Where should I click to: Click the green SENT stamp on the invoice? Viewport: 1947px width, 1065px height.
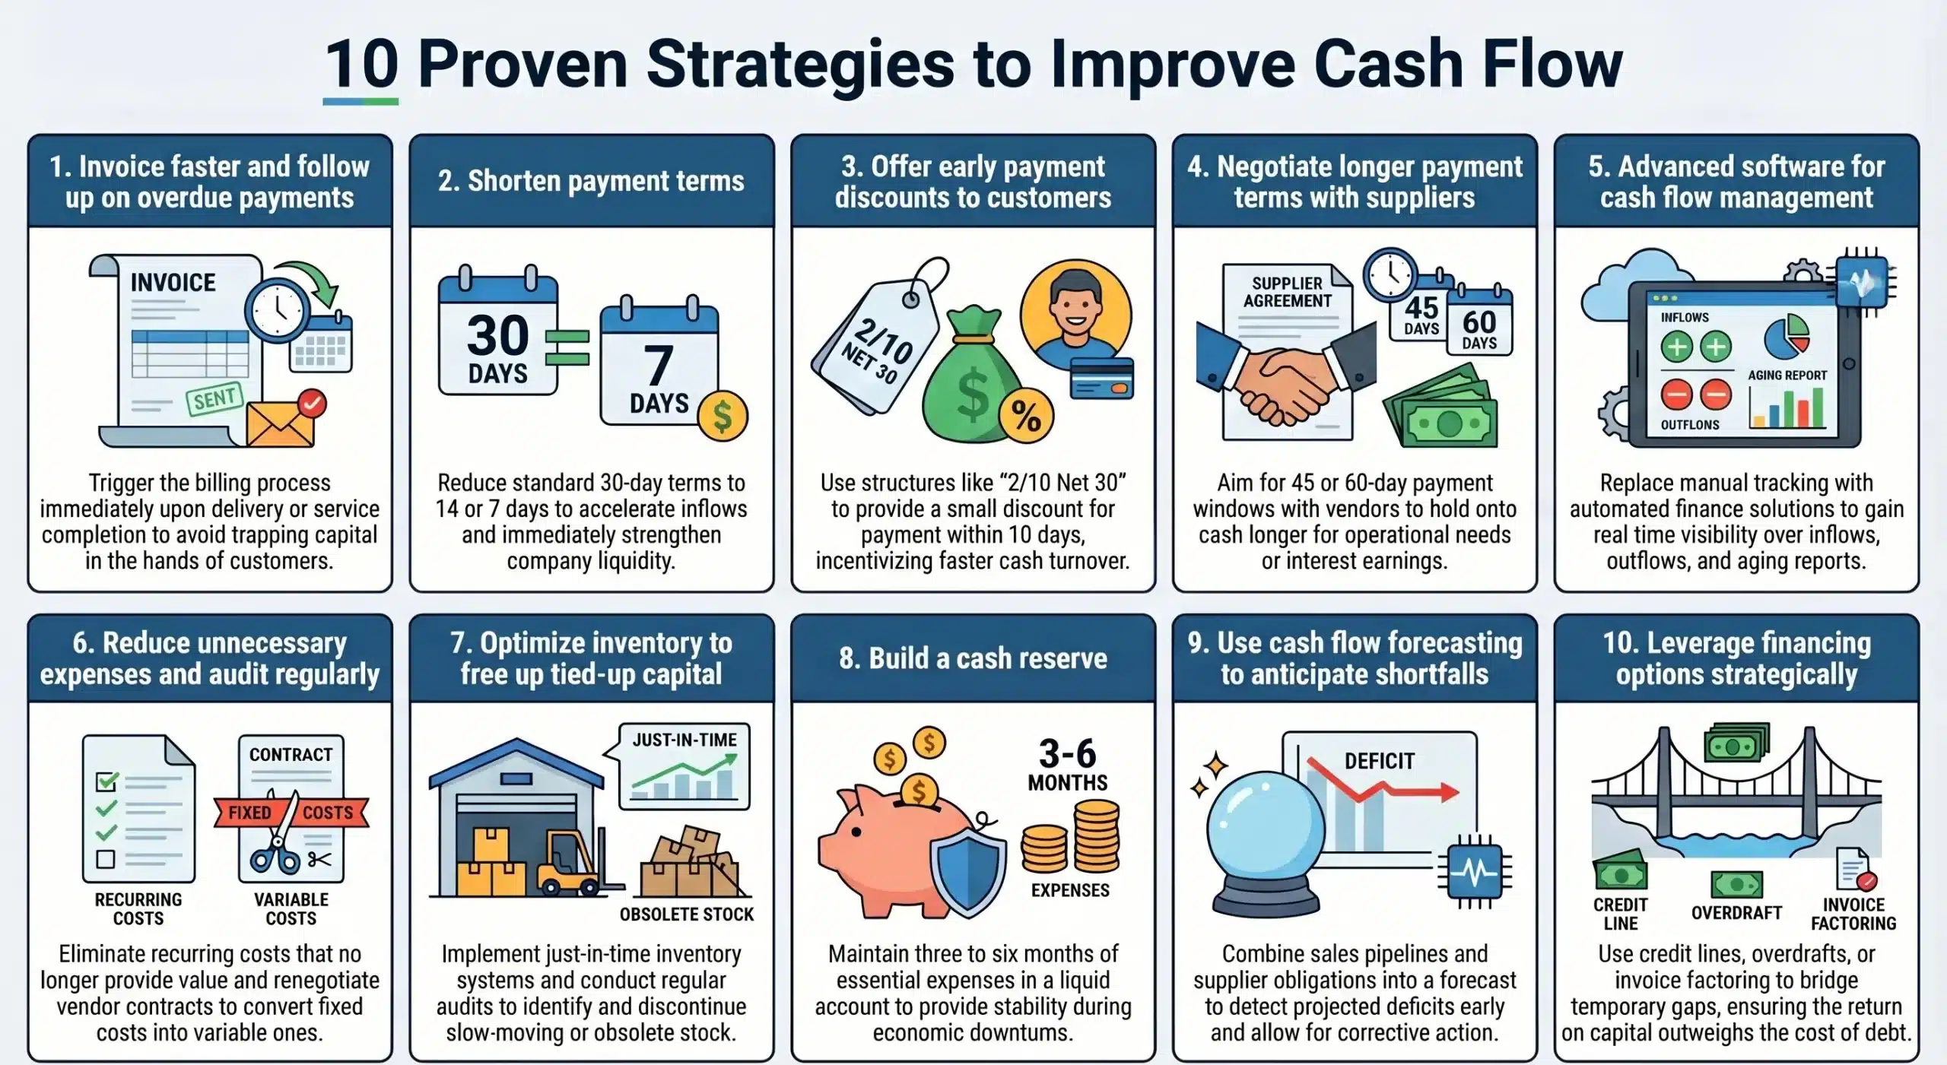[214, 398]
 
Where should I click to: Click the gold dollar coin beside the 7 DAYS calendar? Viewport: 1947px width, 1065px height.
[723, 416]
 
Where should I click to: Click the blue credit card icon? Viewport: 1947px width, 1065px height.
[1101, 379]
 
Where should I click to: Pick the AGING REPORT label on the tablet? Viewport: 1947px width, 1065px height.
[1787, 376]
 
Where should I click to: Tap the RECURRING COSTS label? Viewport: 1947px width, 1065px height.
[138, 909]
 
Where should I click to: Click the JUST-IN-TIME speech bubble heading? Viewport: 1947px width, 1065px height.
[684, 740]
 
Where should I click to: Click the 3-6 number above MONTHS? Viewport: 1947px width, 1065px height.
[1068, 754]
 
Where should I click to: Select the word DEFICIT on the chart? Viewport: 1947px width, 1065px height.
[1380, 762]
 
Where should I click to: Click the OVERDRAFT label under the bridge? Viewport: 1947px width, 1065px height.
[1736, 913]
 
